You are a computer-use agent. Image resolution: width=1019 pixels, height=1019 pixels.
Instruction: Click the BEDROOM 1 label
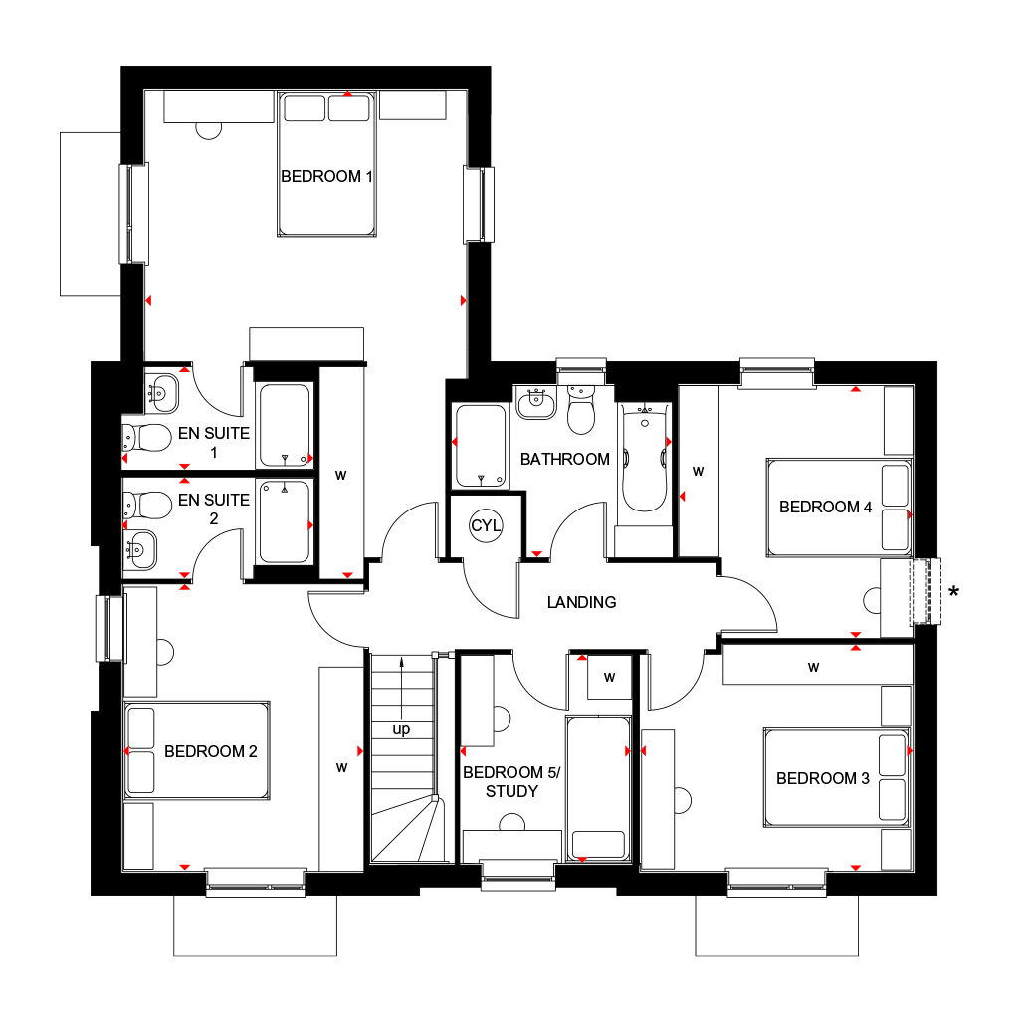(x=326, y=176)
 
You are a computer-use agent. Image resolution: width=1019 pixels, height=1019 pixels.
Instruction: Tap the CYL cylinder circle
(x=486, y=525)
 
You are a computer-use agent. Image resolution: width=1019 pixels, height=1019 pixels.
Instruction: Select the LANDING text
(x=581, y=602)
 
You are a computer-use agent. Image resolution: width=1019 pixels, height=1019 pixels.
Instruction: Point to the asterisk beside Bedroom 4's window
(x=953, y=591)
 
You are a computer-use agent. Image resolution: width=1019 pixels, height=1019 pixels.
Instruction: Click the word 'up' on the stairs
(x=402, y=729)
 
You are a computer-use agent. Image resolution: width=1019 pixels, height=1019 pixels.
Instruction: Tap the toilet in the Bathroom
(x=581, y=410)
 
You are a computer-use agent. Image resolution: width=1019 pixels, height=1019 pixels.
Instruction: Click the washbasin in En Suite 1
(x=162, y=393)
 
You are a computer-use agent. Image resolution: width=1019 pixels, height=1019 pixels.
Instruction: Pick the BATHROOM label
(x=565, y=460)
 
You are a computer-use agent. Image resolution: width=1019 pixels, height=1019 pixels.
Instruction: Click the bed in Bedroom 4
(x=839, y=508)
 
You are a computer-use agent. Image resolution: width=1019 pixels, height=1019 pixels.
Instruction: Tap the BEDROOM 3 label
(x=823, y=778)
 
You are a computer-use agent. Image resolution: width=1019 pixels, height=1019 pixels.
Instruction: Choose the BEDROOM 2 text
(x=211, y=752)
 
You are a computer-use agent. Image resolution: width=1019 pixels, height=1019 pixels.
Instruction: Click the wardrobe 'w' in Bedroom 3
(x=814, y=667)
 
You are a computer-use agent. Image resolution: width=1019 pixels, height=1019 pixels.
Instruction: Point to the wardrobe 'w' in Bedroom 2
(x=342, y=768)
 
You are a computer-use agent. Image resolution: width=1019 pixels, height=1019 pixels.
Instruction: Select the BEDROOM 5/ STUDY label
(x=511, y=782)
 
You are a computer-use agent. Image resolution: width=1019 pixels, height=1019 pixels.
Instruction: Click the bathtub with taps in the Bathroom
(x=645, y=458)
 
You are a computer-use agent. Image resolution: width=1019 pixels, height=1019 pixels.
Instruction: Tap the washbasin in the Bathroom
(x=536, y=403)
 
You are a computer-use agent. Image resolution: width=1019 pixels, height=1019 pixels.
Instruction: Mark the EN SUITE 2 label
(x=214, y=509)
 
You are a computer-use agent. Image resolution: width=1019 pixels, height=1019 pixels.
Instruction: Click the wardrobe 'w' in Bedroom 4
(x=698, y=472)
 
